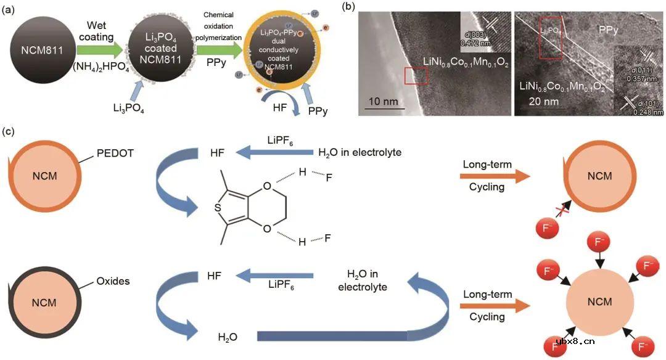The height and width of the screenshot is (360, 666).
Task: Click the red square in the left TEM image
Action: point(416,75)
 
